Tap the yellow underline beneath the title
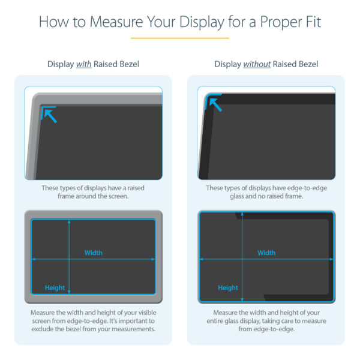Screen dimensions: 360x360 [x=179, y=38]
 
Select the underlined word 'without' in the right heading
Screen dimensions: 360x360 [x=257, y=64]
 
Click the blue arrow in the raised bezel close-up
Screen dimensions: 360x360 [x=49, y=115]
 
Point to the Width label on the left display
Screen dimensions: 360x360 [x=93, y=253]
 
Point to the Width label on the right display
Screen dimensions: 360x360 [x=266, y=253]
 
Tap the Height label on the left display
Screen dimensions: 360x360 [x=55, y=288]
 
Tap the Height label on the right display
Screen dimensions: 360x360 [x=228, y=288]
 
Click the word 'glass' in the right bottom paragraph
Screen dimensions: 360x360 [x=242, y=321]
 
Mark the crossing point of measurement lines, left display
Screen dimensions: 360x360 [x=70, y=259]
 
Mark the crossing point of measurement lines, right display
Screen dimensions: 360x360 [x=244, y=259]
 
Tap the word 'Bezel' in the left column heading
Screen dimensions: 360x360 [x=127, y=64]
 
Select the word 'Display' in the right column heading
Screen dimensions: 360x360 [x=227, y=64]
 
